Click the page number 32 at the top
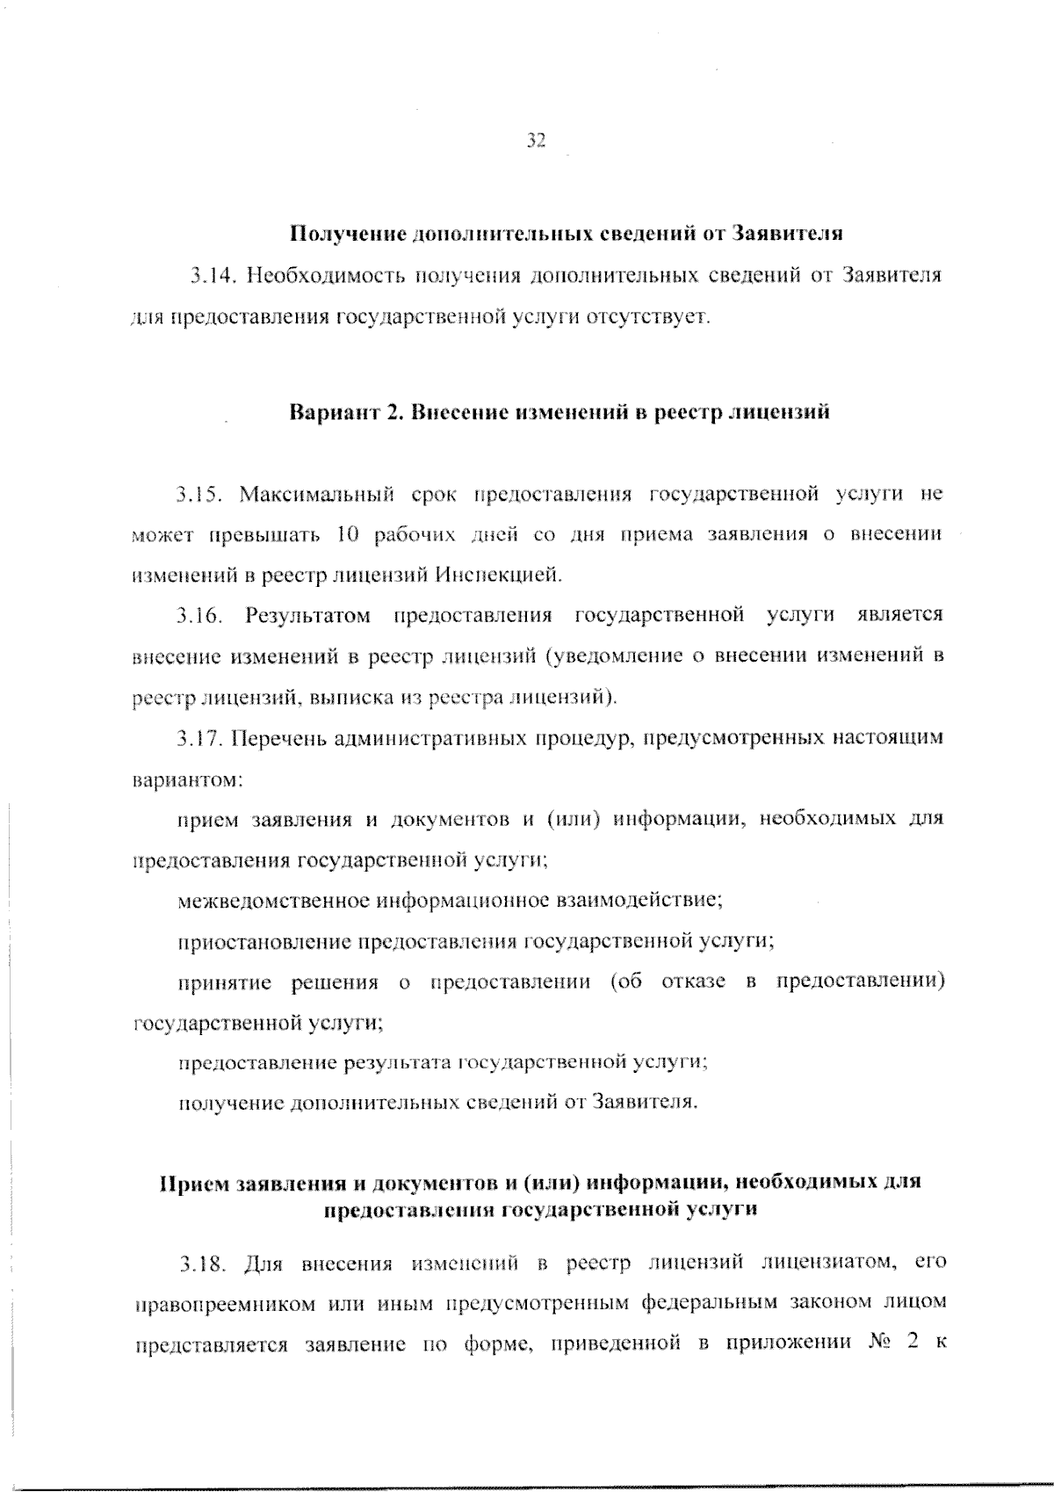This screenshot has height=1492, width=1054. [x=536, y=140]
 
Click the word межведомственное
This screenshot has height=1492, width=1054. [x=273, y=900]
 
